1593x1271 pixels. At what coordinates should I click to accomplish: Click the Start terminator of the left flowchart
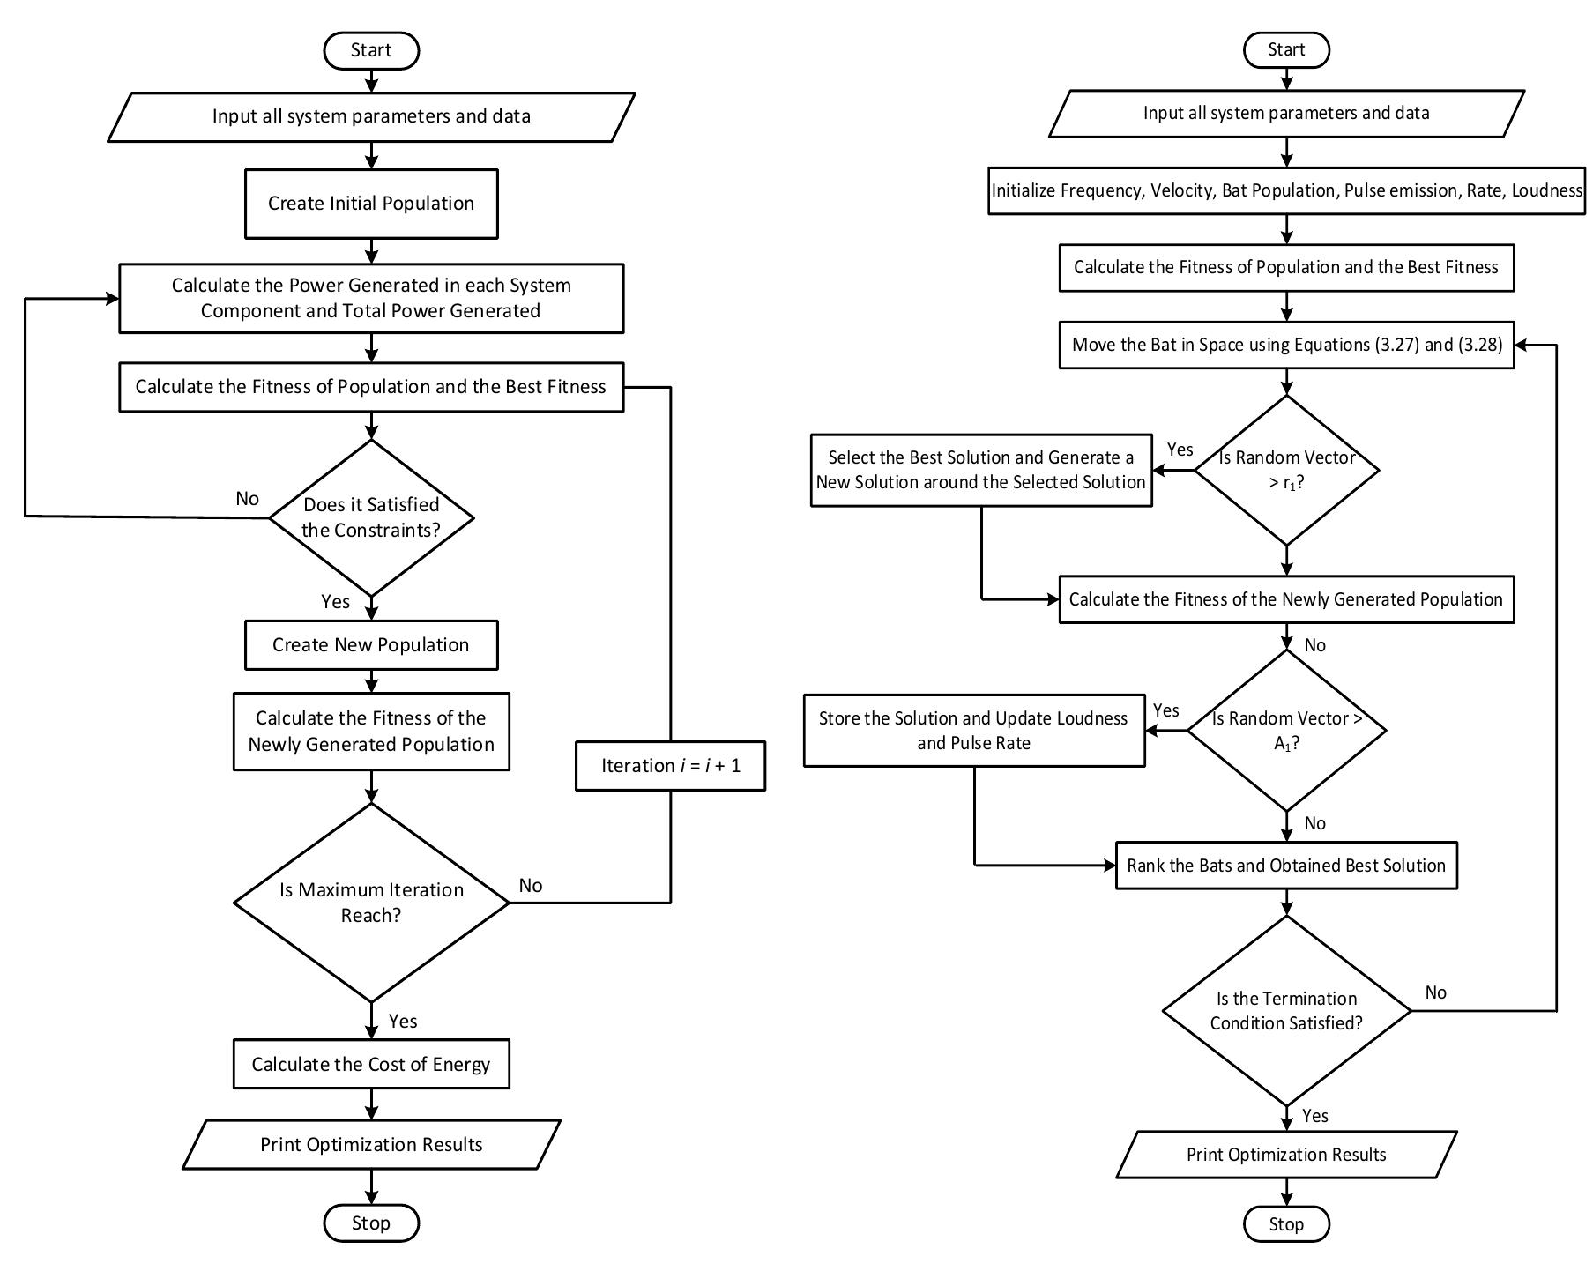tap(370, 50)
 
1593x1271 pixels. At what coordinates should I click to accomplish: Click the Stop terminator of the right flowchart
tap(1285, 1223)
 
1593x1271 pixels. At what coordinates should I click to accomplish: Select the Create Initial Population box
tap(370, 204)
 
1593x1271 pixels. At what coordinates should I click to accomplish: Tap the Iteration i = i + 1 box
tap(670, 765)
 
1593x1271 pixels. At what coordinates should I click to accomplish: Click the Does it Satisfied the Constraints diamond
tap(370, 517)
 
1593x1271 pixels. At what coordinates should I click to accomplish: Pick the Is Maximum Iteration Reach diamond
tap(370, 902)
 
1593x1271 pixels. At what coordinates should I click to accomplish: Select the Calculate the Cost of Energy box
tap(370, 1064)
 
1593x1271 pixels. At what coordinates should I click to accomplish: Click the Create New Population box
tap(370, 644)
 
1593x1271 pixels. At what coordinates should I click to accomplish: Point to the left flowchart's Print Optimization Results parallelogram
tap(370, 1144)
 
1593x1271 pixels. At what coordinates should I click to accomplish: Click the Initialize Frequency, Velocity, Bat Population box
tap(1285, 190)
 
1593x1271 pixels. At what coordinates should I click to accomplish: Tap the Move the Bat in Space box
tap(1285, 345)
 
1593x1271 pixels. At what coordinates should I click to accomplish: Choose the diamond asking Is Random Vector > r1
tap(1285, 470)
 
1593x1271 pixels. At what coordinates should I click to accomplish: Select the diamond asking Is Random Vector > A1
tap(1285, 730)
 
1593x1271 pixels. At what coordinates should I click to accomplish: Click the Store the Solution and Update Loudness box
tap(973, 730)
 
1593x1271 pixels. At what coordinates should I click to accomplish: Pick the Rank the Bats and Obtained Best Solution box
tap(1285, 866)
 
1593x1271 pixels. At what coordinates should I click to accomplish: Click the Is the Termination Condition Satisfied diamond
tap(1285, 1010)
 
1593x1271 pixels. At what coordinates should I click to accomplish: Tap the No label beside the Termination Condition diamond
tap(1435, 992)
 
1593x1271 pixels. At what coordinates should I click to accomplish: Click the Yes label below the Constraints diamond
tap(335, 602)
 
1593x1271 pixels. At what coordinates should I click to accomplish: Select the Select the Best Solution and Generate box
tap(980, 470)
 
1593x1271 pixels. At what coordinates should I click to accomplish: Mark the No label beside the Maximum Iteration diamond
tap(530, 886)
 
